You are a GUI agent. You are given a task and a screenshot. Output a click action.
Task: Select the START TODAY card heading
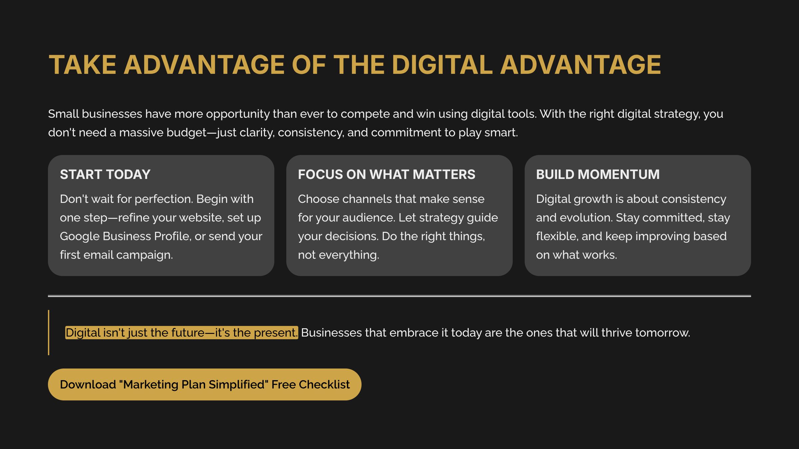click(x=105, y=174)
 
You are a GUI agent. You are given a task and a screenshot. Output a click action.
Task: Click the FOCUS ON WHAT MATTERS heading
click(x=387, y=174)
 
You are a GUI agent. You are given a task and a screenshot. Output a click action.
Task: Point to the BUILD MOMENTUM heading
click(x=598, y=174)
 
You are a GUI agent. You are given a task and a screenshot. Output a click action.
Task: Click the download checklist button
click(x=204, y=384)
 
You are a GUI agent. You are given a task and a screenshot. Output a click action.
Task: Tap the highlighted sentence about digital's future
click(x=181, y=333)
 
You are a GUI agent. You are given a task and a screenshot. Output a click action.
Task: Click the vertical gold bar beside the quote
click(x=49, y=333)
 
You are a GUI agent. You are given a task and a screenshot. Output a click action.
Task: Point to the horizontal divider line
click(x=399, y=296)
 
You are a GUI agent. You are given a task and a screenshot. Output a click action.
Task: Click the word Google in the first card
click(x=80, y=236)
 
